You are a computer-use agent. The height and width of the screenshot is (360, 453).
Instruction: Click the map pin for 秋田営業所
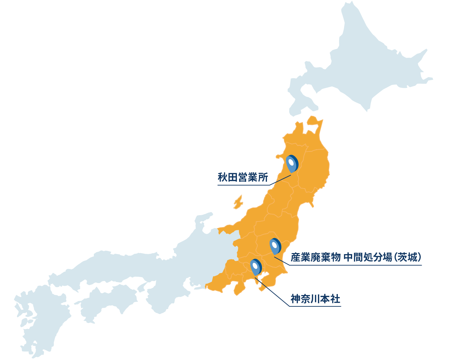point(292,164)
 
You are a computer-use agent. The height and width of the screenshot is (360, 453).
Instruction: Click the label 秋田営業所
point(243,178)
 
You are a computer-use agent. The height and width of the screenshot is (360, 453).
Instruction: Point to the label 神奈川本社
point(315,299)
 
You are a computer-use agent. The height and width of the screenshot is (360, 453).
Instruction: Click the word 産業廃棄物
point(315,257)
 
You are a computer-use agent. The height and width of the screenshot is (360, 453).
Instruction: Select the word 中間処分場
point(368,257)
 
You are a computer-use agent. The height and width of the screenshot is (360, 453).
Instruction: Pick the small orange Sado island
point(238,202)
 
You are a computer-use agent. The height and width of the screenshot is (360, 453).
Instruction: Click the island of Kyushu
point(40,316)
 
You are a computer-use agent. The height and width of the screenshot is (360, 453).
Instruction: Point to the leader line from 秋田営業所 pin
point(280,180)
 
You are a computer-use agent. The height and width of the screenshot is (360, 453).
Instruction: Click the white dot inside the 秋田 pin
point(291,162)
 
